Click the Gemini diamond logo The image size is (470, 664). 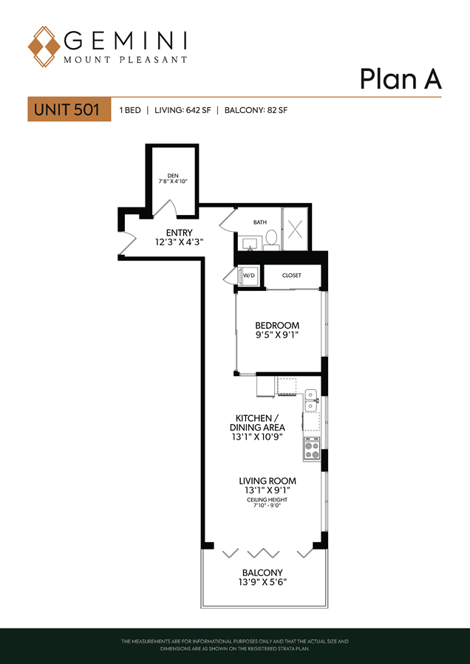[44, 47]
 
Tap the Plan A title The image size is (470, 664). [401, 79]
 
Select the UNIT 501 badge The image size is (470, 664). [69, 109]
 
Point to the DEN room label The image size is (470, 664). [171, 175]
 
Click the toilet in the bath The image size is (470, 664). [271, 239]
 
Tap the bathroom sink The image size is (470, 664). [249, 243]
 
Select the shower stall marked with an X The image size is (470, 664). [296, 229]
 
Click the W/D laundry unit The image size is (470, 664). [249, 276]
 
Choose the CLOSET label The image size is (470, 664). [292, 275]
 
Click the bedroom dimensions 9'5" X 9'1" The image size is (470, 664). [276, 334]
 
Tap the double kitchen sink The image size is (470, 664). [312, 400]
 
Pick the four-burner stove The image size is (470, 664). [311, 450]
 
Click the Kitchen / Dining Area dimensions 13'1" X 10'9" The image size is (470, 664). [257, 436]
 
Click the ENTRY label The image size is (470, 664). [180, 233]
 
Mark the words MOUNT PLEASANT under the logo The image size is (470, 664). [125, 60]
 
